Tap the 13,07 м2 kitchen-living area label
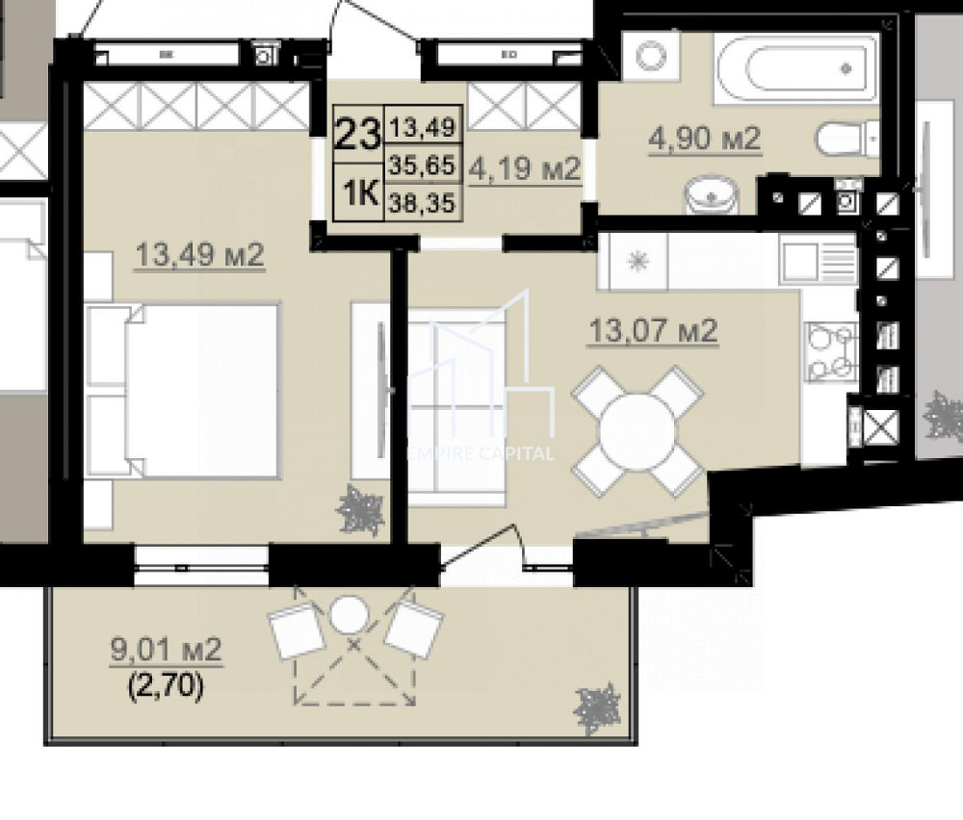(x=653, y=332)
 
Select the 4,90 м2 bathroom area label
(x=705, y=139)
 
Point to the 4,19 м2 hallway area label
(x=525, y=170)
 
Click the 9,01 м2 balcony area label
(x=167, y=650)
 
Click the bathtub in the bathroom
(x=796, y=68)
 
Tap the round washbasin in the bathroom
(x=713, y=196)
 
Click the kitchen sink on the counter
(x=819, y=260)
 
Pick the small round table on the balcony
(x=348, y=612)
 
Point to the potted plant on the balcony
(x=597, y=709)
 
